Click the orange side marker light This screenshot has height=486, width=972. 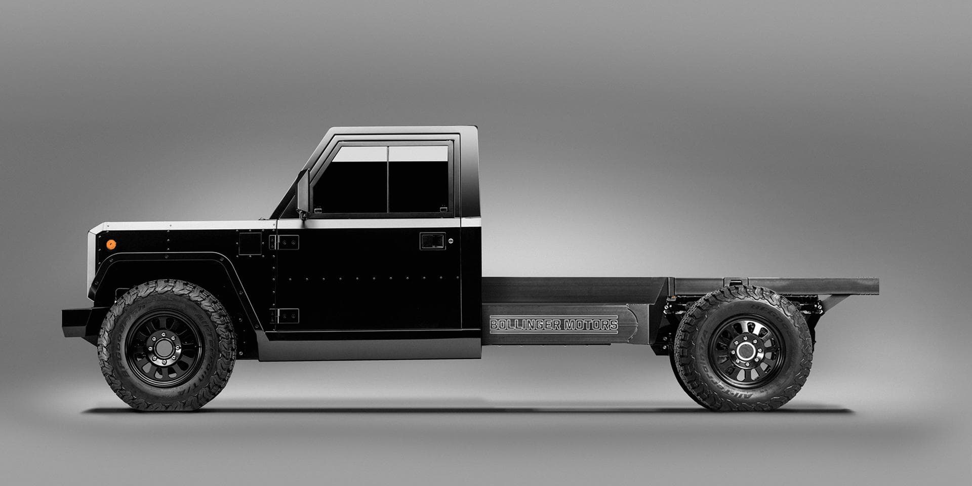click(111, 245)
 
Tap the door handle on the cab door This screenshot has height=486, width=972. click(432, 241)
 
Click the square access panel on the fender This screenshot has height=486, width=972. click(250, 244)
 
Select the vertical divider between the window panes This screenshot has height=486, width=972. click(388, 180)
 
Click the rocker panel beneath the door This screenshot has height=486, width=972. click(370, 349)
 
